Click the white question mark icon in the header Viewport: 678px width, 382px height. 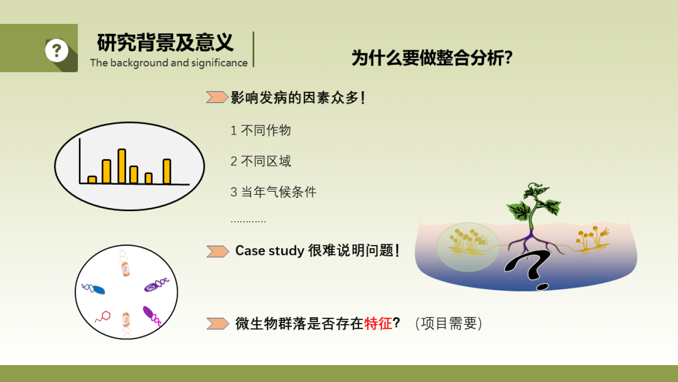point(56,51)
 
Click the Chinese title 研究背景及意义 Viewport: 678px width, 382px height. point(165,42)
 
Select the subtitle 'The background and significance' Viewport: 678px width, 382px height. point(169,63)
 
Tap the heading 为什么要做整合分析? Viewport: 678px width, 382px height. point(432,58)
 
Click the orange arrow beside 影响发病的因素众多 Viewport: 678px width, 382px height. point(217,97)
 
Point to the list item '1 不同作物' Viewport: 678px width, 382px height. point(261,130)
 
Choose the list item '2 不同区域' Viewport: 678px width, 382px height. point(261,161)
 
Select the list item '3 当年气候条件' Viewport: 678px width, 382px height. point(273,192)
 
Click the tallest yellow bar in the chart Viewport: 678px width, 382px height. point(122,166)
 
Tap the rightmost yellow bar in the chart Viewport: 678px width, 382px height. point(167,172)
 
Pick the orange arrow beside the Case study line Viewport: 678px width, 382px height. point(217,251)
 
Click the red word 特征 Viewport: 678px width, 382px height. point(378,323)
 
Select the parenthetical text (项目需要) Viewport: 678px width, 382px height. point(448,323)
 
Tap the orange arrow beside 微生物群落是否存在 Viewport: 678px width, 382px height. point(217,324)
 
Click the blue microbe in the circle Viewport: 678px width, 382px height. point(93,289)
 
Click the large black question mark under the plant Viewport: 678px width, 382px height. point(529,270)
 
